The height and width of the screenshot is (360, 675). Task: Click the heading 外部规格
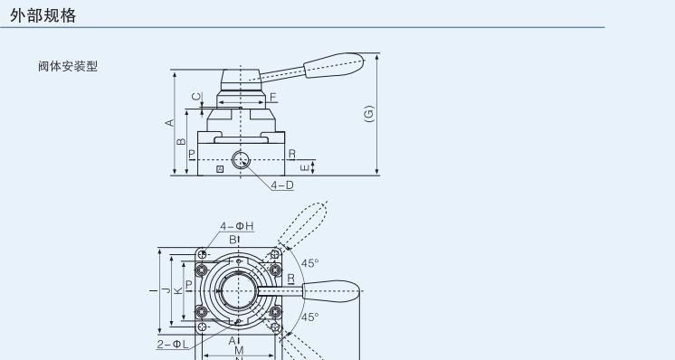pos(43,15)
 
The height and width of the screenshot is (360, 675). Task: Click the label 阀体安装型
pos(68,66)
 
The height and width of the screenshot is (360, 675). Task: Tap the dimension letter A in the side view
pos(169,123)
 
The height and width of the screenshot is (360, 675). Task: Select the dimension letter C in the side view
pos(196,97)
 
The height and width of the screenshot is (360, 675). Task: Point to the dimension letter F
pos(273,97)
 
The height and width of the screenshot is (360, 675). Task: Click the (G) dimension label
pos(369,114)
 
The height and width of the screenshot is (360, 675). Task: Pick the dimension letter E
pos(304,167)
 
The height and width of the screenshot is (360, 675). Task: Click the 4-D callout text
pos(282,185)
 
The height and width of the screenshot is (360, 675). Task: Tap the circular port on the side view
pos(241,160)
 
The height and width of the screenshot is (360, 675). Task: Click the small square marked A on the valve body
pos(220,169)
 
